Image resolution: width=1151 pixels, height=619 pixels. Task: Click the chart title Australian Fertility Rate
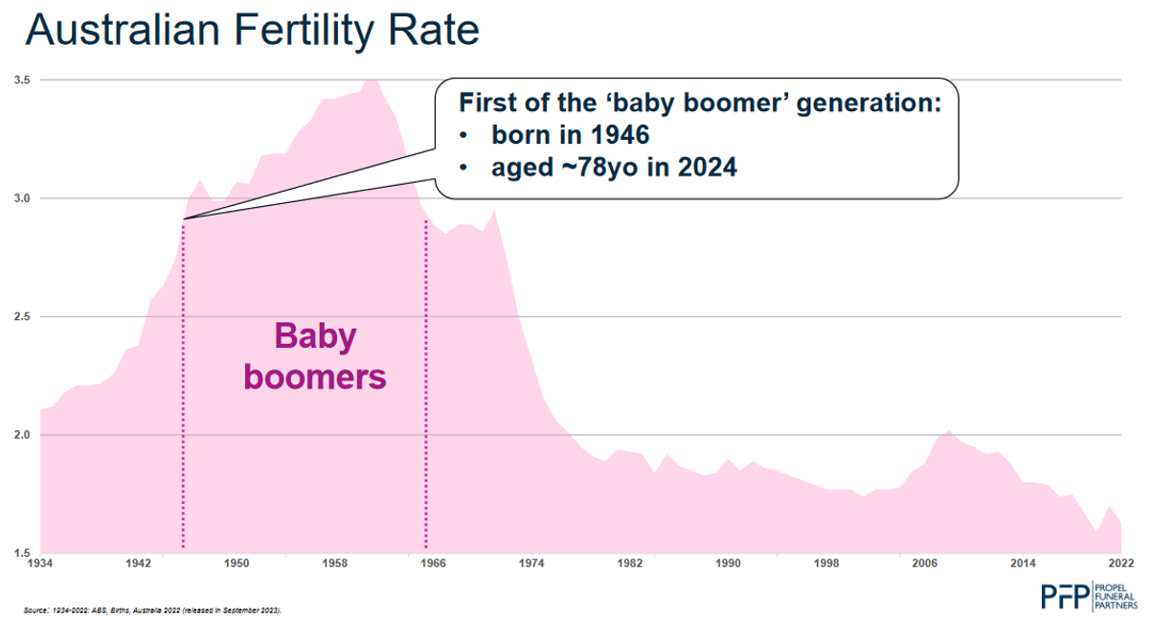click(251, 31)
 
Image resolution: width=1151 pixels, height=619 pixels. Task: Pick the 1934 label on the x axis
click(40, 563)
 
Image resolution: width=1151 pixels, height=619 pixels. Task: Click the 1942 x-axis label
click(138, 563)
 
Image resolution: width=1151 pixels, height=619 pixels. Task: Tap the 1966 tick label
click(434, 563)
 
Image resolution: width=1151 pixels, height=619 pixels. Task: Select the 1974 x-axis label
click(531, 563)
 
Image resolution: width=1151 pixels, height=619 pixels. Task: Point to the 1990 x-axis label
click(729, 563)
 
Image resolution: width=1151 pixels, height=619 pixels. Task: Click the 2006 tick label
click(925, 563)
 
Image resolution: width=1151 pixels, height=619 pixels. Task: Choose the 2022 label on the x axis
click(1121, 563)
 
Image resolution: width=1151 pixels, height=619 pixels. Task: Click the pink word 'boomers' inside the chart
click(315, 377)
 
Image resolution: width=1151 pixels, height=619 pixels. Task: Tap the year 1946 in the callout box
click(618, 135)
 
